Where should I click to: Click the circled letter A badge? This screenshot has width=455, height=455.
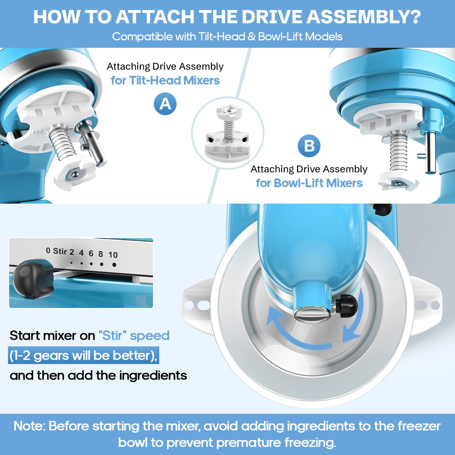tap(165, 104)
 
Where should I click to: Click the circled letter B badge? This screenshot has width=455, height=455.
tap(309, 146)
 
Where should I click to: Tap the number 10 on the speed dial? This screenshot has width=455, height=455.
tap(113, 255)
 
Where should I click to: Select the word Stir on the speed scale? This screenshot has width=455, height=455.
tap(60, 251)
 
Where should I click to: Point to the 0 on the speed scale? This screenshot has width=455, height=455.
tap(48, 250)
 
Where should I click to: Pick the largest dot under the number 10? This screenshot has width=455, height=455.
tap(114, 265)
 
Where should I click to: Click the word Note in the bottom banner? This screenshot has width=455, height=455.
tap(29, 426)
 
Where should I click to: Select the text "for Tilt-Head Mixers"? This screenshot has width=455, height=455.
tap(165, 80)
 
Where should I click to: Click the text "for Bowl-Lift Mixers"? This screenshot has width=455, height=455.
tap(309, 183)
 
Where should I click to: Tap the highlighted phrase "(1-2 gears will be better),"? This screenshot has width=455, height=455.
tap(83, 355)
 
